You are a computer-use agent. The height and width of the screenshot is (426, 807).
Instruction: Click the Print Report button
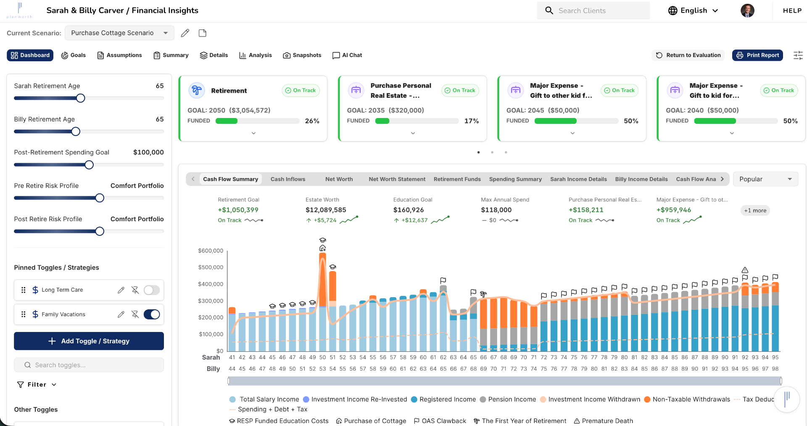[757, 55]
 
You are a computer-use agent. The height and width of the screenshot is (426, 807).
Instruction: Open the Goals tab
[74, 55]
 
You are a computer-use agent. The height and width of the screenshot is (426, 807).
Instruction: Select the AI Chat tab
[347, 55]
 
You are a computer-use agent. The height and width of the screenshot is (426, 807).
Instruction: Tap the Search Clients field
[593, 10]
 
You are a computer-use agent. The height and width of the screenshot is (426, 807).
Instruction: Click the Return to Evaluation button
[688, 55]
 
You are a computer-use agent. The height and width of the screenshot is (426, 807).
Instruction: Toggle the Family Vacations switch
[152, 314]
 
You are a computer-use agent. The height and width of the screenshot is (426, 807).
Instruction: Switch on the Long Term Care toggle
[152, 290]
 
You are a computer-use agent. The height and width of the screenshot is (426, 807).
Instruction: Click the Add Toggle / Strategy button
[89, 341]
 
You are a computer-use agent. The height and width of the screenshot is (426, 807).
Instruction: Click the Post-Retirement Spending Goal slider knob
[89, 165]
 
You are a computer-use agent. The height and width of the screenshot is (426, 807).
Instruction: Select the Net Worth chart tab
[339, 179]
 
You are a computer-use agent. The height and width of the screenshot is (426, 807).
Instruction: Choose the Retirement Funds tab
[457, 179]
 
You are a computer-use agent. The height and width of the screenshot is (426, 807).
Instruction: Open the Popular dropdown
[765, 179]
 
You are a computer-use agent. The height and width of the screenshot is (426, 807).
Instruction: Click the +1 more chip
[755, 210]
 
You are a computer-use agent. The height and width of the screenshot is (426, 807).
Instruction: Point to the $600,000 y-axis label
[211, 251]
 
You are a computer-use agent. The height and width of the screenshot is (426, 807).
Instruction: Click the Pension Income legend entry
[508, 399]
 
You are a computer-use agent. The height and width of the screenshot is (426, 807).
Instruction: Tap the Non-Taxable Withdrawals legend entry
[687, 399]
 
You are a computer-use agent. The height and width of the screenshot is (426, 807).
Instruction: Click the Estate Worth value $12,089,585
[326, 210]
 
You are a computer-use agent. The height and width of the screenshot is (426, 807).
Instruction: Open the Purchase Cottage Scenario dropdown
[119, 33]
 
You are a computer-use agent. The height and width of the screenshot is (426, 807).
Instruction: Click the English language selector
[693, 10]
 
